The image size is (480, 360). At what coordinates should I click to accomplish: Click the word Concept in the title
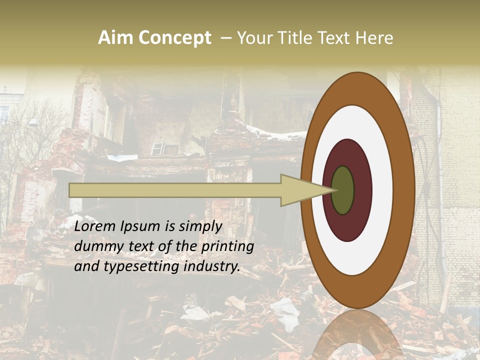[x=174, y=38]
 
